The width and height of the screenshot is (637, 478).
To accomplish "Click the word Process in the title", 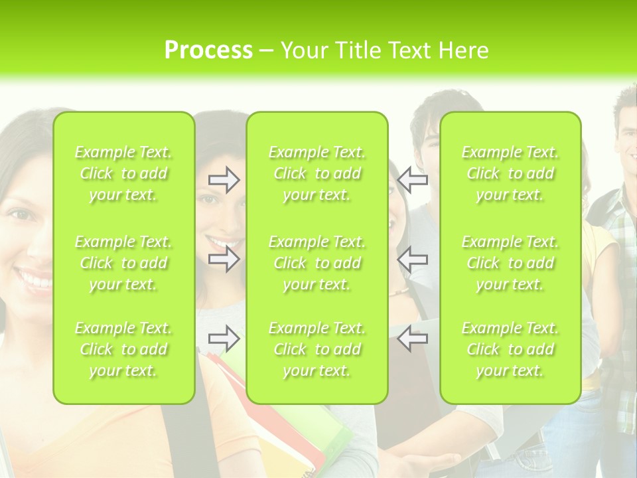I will (x=208, y=50).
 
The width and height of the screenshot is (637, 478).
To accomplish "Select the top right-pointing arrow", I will (x=224, y=180).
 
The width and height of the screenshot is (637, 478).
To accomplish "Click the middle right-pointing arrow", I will (x=224, y=259).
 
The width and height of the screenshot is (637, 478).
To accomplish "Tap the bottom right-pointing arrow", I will (x=224, y=339).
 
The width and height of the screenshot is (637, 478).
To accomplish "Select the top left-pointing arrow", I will (x=413, y=180).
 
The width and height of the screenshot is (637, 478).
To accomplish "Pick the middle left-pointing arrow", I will (x=413, y=259).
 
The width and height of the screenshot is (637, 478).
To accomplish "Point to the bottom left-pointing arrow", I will (x=413, y=339).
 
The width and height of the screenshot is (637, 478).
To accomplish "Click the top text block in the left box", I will (x=123, y=173).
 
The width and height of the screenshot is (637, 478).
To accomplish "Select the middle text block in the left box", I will (x=123, y=263).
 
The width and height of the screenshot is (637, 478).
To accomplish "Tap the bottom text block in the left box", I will (x=123, y=349).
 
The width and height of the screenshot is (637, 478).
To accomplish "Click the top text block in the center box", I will (x=317, y=173).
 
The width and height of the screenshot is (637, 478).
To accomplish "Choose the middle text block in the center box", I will (x=317, y=263).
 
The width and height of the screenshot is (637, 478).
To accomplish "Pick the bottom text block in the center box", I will (x=317, y=349).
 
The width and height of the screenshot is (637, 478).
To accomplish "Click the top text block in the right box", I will (x=510, y=173).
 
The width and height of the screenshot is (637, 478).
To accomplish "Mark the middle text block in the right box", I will (x=510, y=263).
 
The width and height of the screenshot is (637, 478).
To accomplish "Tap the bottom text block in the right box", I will (x=510, y=349).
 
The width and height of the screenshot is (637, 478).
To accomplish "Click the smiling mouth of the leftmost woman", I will (x=33, y=279).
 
